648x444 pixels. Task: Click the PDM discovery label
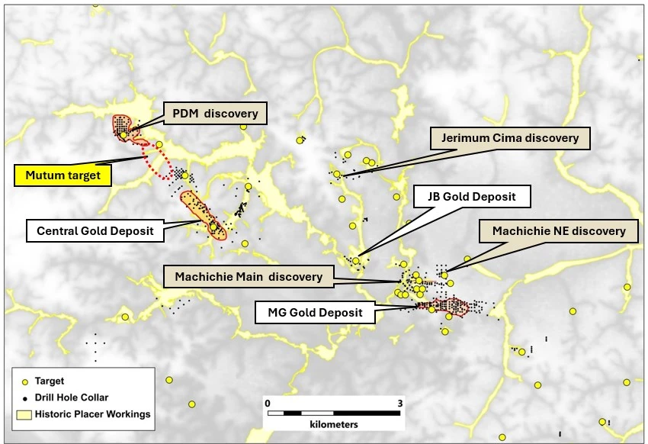tap(214, 114)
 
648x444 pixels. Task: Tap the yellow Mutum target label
tap(63, 176)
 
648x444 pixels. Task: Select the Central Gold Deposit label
tap(95, 230)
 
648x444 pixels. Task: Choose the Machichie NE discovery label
tap(558, 230)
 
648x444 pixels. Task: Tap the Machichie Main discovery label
tap(249, 277)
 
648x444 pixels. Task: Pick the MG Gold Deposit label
tap(316, 312)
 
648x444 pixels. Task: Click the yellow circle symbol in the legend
tap(25, 381)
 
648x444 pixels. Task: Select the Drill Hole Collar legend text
tap(76, 397)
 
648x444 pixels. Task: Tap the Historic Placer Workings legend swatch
tap(25, 414)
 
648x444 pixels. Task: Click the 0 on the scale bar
tap(268, 402)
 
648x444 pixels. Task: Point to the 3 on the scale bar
tap(399, 402)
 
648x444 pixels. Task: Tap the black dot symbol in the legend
tap(25, 397)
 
